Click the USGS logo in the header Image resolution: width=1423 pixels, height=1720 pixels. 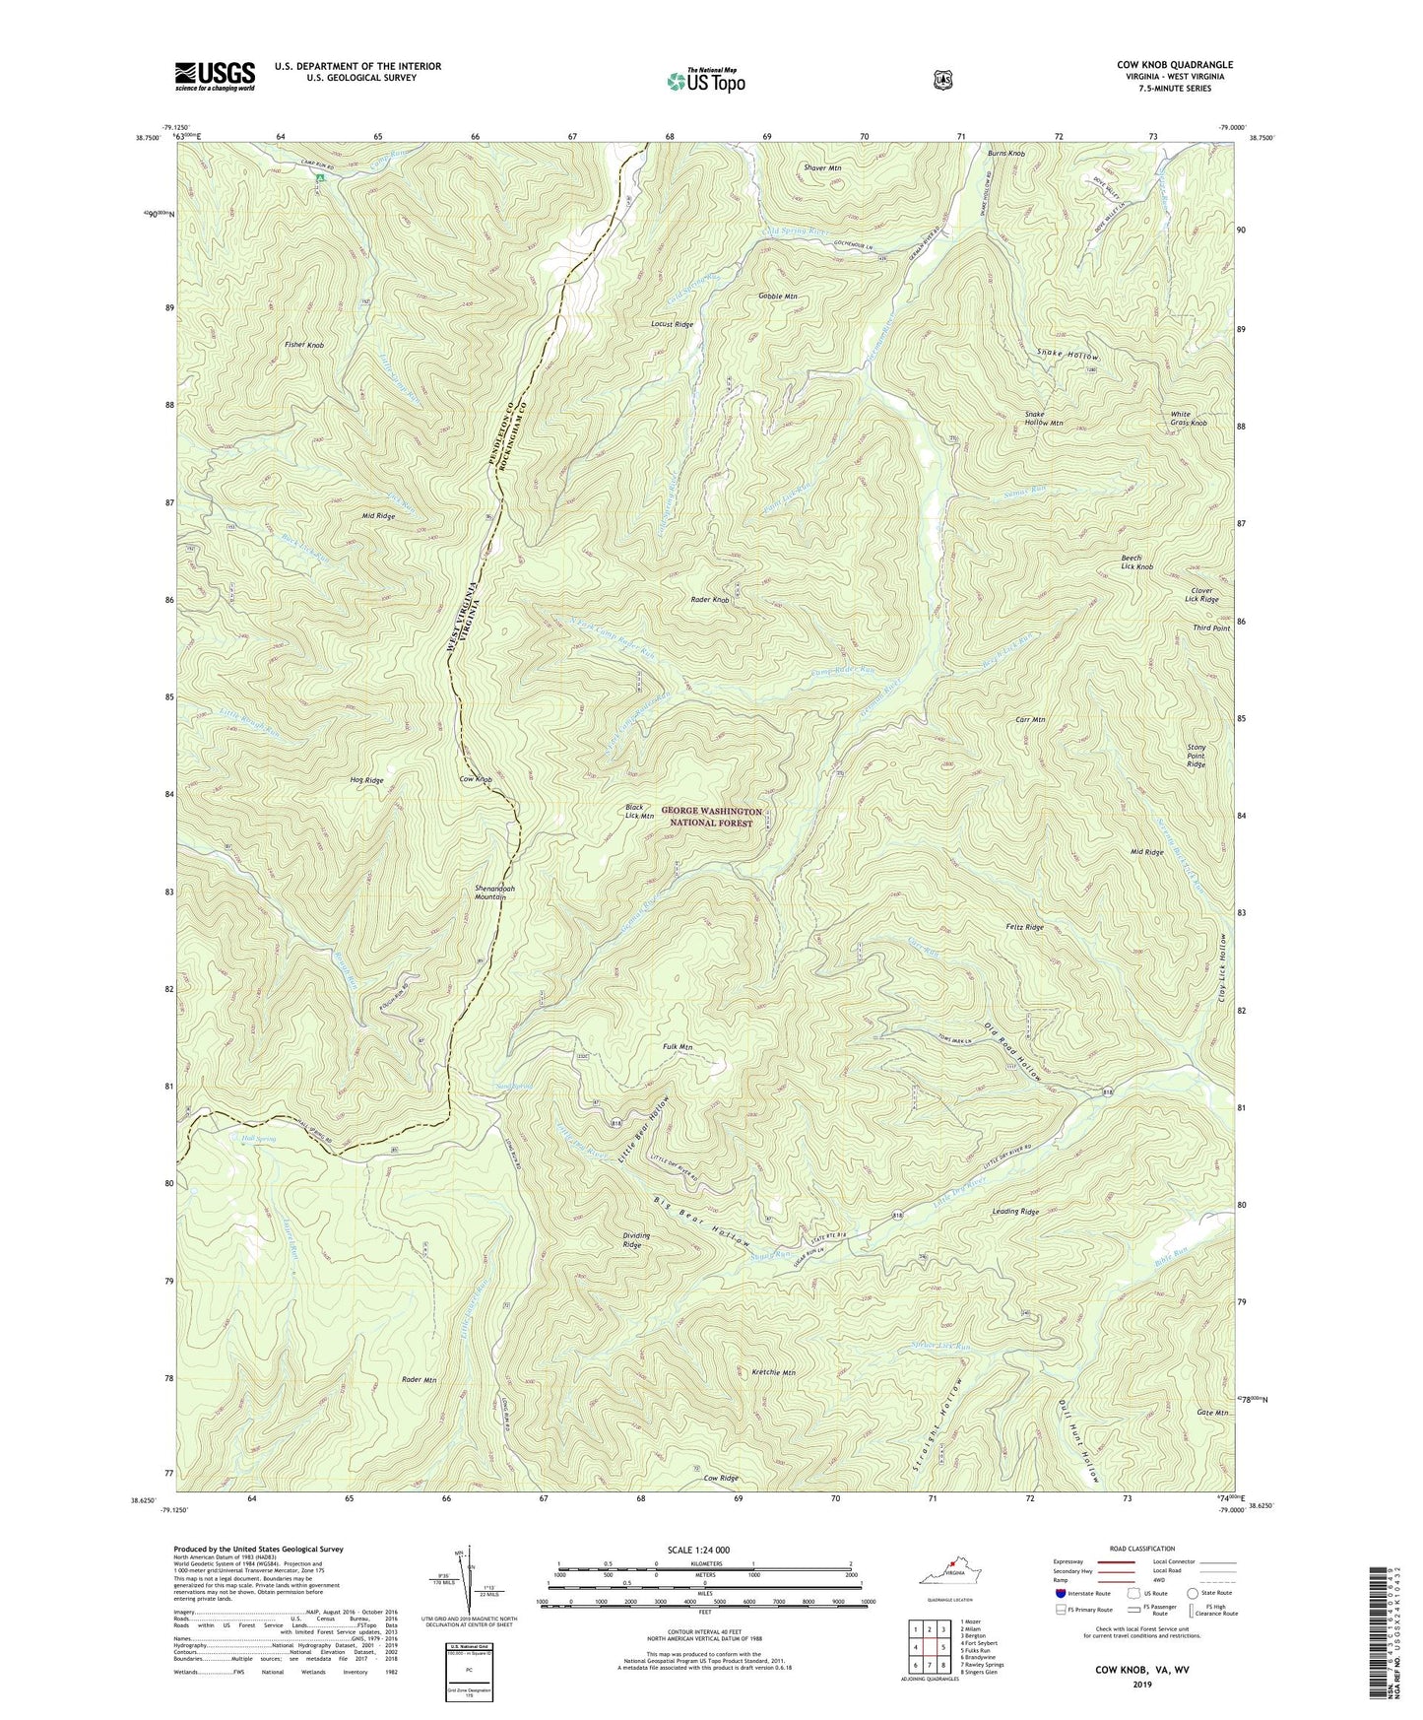tap(215, 76)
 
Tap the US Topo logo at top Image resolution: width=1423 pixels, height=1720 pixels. tap(705, 81)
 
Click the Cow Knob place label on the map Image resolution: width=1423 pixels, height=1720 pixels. tap(476, 779)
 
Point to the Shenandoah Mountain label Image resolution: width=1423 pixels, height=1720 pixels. tap(489, 893)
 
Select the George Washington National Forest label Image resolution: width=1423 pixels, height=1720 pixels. tap(706, 817)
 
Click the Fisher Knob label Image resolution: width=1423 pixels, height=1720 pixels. tap(304, 346)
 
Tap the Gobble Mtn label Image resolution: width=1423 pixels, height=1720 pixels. tap(777, 297)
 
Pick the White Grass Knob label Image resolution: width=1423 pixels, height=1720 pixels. tap(1188, 419)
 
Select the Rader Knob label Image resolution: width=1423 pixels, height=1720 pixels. tap(710, 600)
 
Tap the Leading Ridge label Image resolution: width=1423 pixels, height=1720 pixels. tap(1015, 1212)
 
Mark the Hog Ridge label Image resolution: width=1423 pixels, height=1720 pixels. tap(366, 780)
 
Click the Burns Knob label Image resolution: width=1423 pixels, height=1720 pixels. tap(1006, 155)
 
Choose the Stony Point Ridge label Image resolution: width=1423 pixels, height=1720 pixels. tap(1196, 756)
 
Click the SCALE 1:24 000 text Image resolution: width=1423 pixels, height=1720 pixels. tap(698, 1550)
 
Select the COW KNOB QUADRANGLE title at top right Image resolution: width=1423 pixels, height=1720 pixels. tap(1174, 65)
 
